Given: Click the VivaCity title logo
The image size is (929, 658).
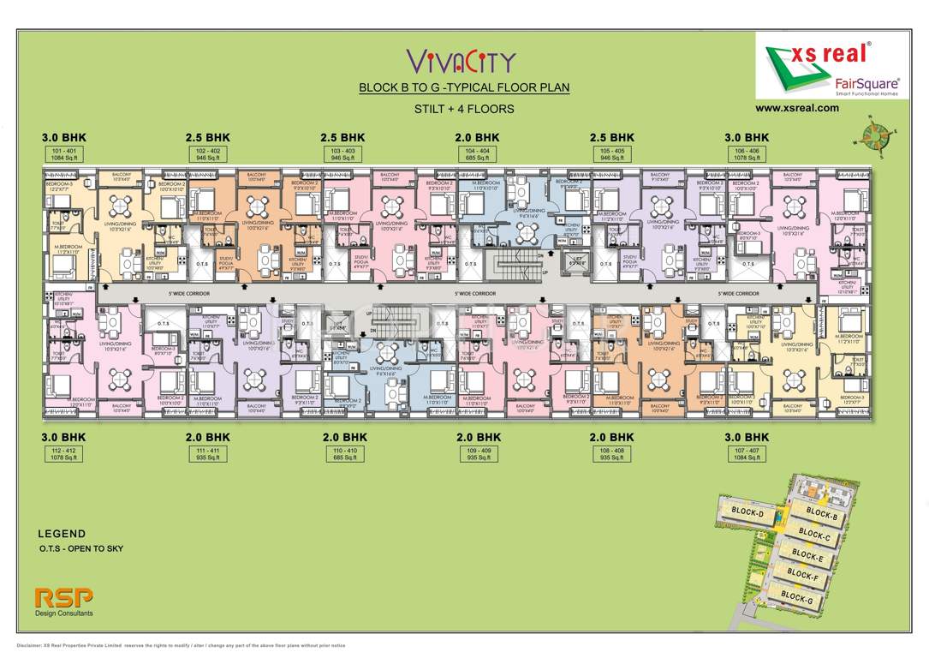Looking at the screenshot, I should pos(461,60).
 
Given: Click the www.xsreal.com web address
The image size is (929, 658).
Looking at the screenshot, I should pos(796,109).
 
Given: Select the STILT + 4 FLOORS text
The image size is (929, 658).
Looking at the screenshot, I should pos(463,109).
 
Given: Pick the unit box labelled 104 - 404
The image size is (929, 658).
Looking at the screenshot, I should pos(476,154).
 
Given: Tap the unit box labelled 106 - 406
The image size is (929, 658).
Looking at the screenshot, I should pos(747,154).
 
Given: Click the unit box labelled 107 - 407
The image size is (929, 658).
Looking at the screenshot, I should pos(747,454).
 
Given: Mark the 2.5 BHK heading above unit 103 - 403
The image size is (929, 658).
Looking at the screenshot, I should pos(342,137).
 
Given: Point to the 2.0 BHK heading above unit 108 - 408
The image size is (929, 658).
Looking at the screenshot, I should pos(611,437).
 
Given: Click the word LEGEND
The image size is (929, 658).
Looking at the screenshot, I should pos(62,533).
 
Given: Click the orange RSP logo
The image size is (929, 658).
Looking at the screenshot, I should pos(63,596).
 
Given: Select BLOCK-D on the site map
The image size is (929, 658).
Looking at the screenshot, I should pos(747,511).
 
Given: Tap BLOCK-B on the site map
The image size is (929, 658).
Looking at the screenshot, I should pos(821,515).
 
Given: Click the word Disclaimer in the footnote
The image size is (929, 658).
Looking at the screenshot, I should pos(33,644).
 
